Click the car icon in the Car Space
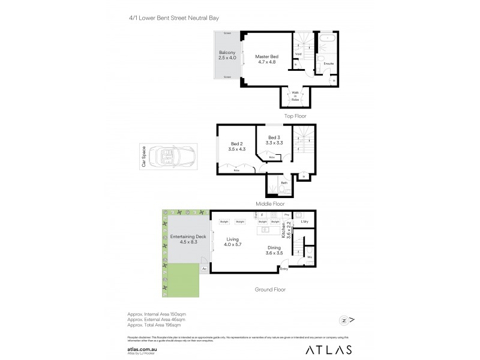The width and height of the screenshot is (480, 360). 168,158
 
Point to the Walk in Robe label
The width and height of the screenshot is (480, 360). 295,95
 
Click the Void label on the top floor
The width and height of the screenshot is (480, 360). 298,53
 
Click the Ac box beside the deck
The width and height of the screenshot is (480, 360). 205,269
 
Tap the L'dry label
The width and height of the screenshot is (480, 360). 304,223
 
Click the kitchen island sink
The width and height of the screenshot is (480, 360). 263,231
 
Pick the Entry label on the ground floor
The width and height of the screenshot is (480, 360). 284,269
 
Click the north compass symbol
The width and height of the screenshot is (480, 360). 344,319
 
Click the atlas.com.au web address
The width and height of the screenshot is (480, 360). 142,347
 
